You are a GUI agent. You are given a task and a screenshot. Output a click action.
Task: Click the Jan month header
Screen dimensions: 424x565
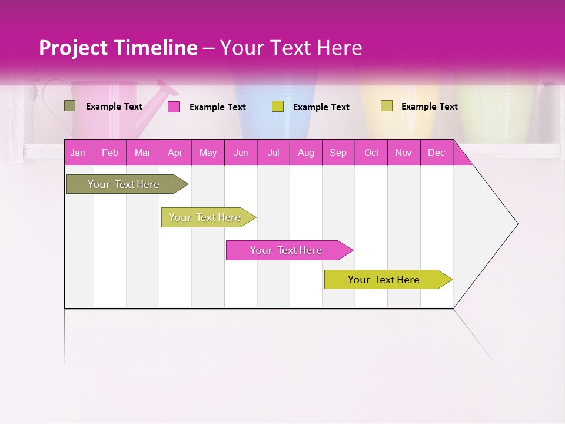[x=78, y=153]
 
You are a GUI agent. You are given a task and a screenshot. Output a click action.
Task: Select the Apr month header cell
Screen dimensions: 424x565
[x=175, y=153]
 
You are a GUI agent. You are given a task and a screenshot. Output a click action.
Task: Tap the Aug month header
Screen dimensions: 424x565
[x=305, y=153]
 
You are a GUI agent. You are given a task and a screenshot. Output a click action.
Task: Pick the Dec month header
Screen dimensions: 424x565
[x=436, y=153]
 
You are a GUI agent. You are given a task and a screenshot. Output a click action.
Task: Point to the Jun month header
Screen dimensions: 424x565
[x=240, y=153]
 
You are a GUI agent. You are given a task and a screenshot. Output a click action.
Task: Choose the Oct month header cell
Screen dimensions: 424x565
[x=371, y=153]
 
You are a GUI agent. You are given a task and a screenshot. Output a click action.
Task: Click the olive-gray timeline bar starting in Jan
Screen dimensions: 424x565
[x=124, y=184]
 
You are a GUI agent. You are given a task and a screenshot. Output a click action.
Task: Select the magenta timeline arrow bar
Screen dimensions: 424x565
[x=287, y=250]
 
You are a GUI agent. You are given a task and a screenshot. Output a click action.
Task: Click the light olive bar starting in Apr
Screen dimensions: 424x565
[x=205, y=217]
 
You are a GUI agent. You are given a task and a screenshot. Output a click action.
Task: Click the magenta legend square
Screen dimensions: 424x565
[x=174, y=107]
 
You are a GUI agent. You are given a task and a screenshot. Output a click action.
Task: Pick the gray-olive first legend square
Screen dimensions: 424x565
[x=69, y=106]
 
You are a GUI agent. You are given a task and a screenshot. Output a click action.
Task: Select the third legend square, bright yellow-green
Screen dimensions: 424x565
[x=278, y=107]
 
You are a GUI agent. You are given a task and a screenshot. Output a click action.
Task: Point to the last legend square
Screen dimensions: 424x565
[x=386, y=106]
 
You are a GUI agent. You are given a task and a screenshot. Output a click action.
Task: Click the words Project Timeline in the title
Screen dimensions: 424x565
[x=118, y=48]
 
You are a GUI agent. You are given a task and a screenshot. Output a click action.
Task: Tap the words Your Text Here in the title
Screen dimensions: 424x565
[x=291, y=48]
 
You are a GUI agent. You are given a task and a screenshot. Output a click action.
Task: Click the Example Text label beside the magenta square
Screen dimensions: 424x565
[x=217, y=107]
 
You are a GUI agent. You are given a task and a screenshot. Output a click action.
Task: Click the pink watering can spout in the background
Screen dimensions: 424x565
[x=165, y=91]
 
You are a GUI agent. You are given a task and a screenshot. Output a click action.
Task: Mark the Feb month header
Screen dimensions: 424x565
[x=109, y=153]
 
